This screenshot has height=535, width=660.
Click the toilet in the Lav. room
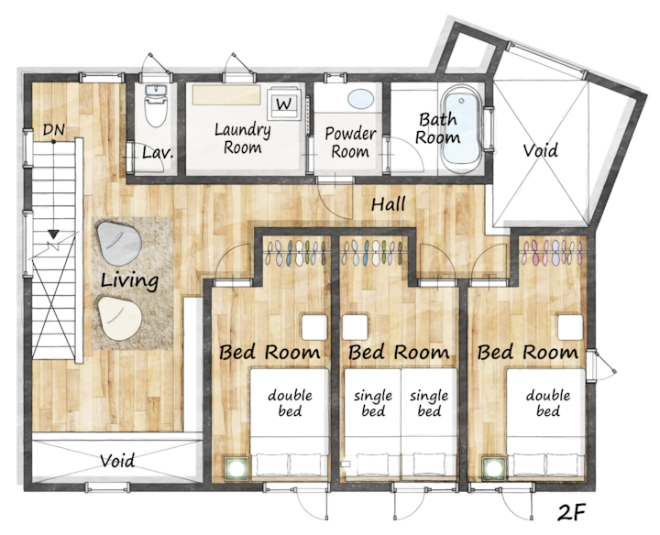[x=156, y=105]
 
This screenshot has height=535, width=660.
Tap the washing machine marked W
[x=284, y=104]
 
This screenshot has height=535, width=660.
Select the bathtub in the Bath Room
[x=462, y=129]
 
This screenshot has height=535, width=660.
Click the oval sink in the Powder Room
[x=361, y=99]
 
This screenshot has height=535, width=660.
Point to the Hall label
[x=388, y=204]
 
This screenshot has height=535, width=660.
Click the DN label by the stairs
[x=54, y=130]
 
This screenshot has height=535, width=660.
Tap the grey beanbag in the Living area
[x=118, y=243]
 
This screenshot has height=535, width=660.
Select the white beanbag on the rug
[x=119, y=318]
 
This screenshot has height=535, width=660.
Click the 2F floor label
[x=572, y=511]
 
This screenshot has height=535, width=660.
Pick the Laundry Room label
[x=242, y=138]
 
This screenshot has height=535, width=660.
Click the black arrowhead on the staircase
[x=53, y=234]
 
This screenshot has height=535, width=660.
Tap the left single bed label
[x=373, y=403]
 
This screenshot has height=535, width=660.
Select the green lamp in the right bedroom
[x=494, y=468]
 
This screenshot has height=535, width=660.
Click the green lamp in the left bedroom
[x=237, y=468]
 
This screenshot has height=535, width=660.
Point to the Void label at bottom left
[x=117, y=461]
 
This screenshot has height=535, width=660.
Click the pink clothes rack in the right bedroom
[x=551, y=252]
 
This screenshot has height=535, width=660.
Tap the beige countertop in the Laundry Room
[x=226, y=94]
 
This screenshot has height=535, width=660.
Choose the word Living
[x=129, y=280]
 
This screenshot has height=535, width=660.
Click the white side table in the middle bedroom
[x=355, y=327]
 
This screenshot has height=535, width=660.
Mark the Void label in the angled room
[x=541, y=150]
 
